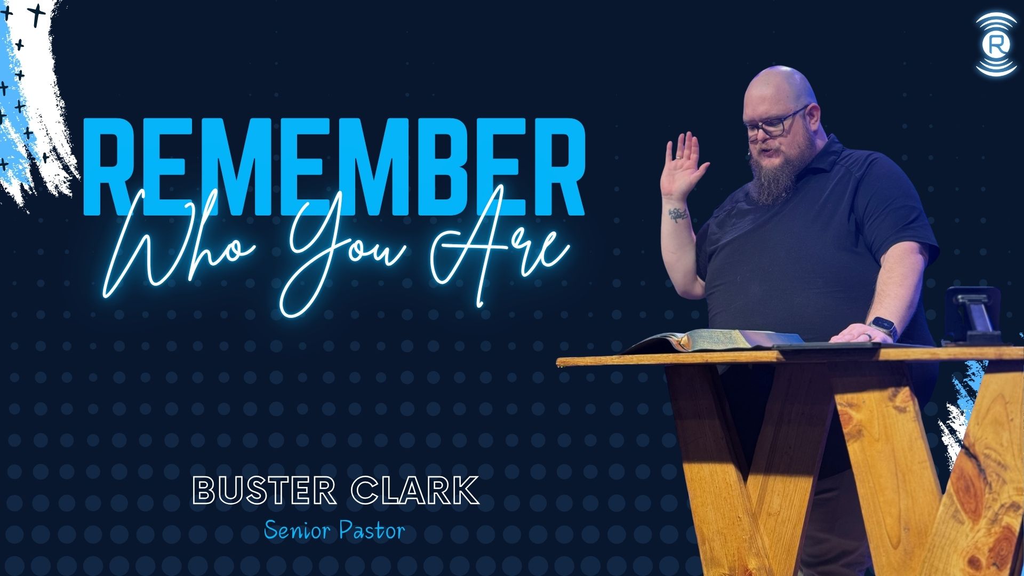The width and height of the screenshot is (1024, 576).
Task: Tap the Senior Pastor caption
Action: click(334, 531)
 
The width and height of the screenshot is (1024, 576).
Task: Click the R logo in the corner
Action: click(995, 45)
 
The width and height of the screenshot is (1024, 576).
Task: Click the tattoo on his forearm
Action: click(678, 215)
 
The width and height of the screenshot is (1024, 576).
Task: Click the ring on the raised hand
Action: click(677, 159)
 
